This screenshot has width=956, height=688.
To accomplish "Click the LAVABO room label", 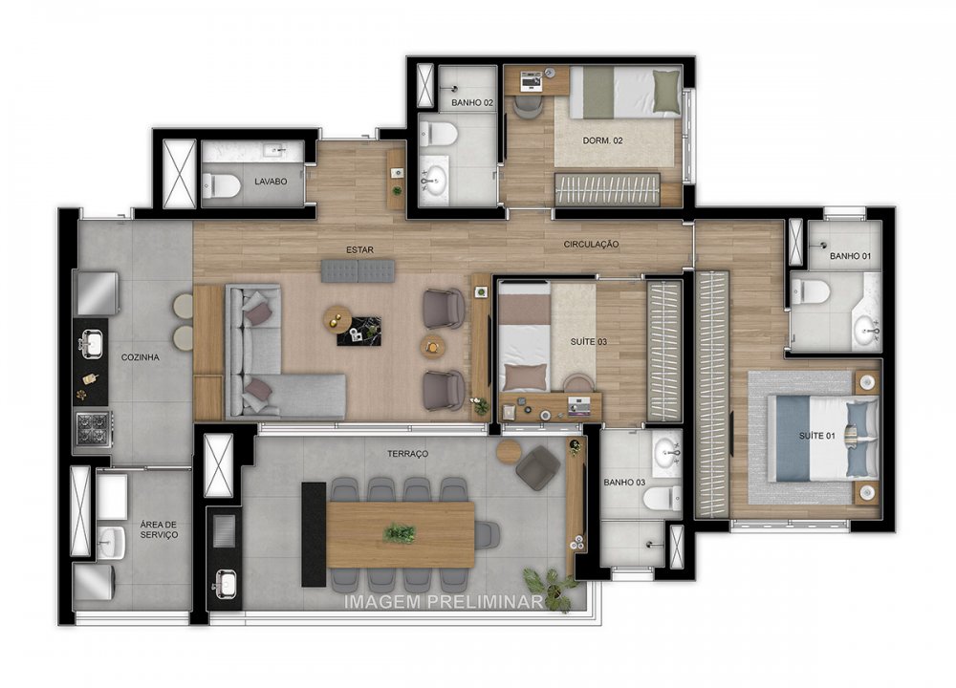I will [x=271, y=181].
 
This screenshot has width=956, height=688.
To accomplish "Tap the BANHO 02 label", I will [x=472, y=102].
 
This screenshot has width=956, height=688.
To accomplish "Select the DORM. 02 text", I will [x=602, y=140].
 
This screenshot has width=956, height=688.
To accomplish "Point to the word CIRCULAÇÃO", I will [x=591, y=245].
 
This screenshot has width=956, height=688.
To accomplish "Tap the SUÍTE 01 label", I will [x=816, y=436].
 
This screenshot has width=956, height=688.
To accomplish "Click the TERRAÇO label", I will [x=408, y=453].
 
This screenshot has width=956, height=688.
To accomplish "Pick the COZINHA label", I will [x=140, y=357].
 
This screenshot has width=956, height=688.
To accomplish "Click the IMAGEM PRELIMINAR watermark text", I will [x=444, y=602].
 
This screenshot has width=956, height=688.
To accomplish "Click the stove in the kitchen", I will [x=94, y=429].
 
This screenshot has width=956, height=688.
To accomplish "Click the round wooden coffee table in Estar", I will [x=337, y=317].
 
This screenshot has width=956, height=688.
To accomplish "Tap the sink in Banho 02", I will [x=436, y=179].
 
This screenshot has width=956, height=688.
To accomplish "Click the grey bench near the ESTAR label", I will [x=357, y=271].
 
